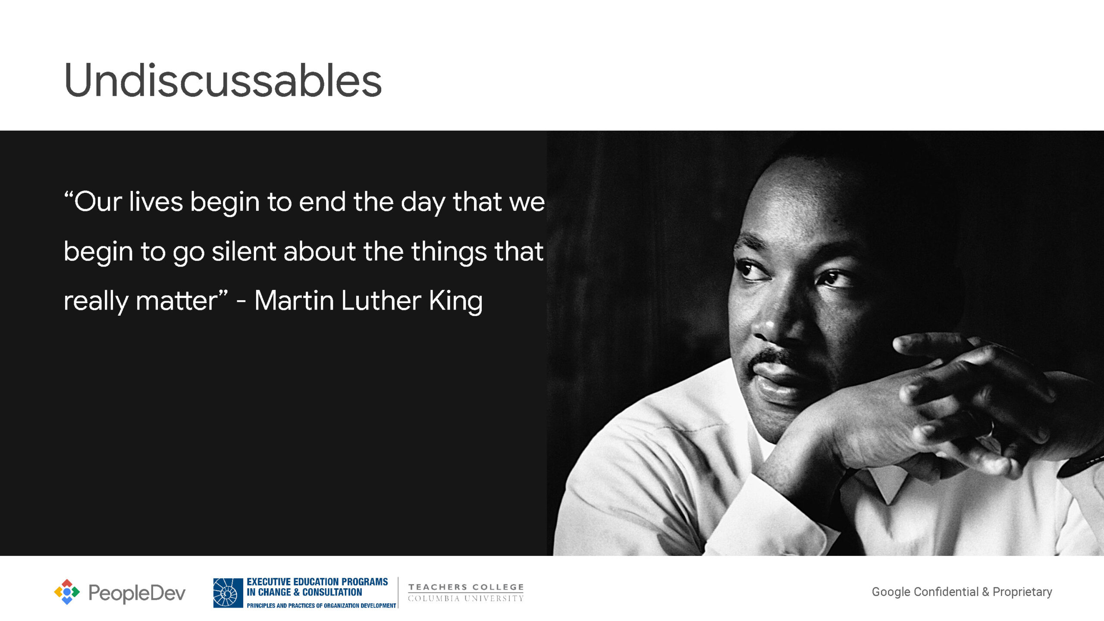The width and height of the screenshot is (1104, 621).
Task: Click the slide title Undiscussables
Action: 223,80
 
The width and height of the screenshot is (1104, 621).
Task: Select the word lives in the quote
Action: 156,201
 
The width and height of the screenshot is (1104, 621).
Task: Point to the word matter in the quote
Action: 177,301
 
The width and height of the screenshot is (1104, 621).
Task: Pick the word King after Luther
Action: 456,301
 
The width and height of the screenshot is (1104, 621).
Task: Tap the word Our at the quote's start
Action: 98,201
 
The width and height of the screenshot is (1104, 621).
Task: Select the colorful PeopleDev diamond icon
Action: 67,592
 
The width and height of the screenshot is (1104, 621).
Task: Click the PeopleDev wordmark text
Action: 137,593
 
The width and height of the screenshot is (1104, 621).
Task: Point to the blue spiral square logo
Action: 228,593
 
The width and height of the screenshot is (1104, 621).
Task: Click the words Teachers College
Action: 466,587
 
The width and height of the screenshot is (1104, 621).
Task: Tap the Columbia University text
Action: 466,599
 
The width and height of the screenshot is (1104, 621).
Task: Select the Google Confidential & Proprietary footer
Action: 962,592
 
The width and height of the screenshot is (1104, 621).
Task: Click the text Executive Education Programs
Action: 317,582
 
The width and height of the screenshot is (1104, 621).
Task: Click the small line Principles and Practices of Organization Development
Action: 321,605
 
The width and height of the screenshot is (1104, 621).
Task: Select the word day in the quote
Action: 423,203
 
